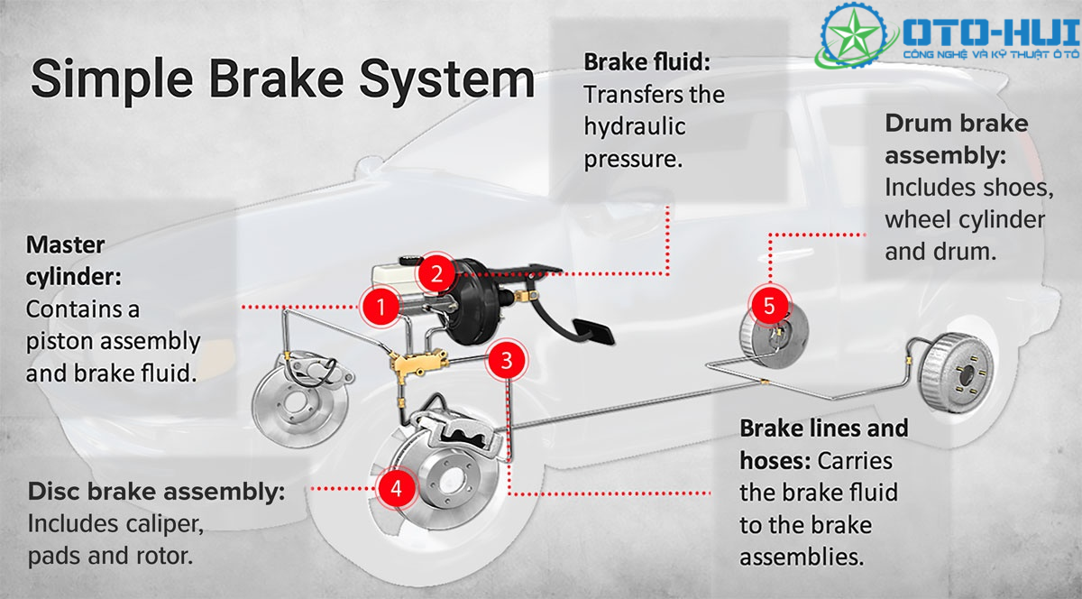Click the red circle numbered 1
[381, 307]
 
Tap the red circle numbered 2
[436, 273]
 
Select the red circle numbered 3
[506, 360]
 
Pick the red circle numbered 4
[397, 488]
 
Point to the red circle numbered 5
[769, 306]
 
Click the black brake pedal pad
[592, 332]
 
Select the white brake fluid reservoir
[395, 277]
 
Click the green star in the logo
[855, 35]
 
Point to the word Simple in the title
[112, 78]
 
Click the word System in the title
[447, 78]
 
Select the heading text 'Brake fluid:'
[647, 62]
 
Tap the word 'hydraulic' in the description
[635, 126]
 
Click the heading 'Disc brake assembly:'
[157, 493]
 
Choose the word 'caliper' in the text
[163, 524]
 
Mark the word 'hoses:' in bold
[775, 461]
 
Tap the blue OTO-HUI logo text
[991, 32]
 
